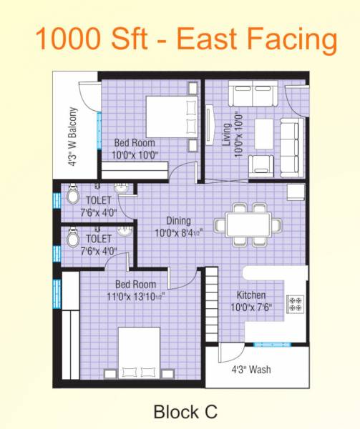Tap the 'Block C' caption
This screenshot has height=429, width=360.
click(x=185, y=411)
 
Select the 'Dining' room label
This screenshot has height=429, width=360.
click(x=178, y=221)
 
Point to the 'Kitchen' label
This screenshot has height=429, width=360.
click(x=251, y=295)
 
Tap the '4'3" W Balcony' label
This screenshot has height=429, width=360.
click(x=72, y=137)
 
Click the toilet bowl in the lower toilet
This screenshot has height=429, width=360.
click(x=72, y=239)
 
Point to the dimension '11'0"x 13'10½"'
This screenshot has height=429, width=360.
click(x=136, y=295)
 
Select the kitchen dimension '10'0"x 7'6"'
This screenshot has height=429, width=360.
click(x=251, y=308)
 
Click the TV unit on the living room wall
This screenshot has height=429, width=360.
click(x=210, y=125)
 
